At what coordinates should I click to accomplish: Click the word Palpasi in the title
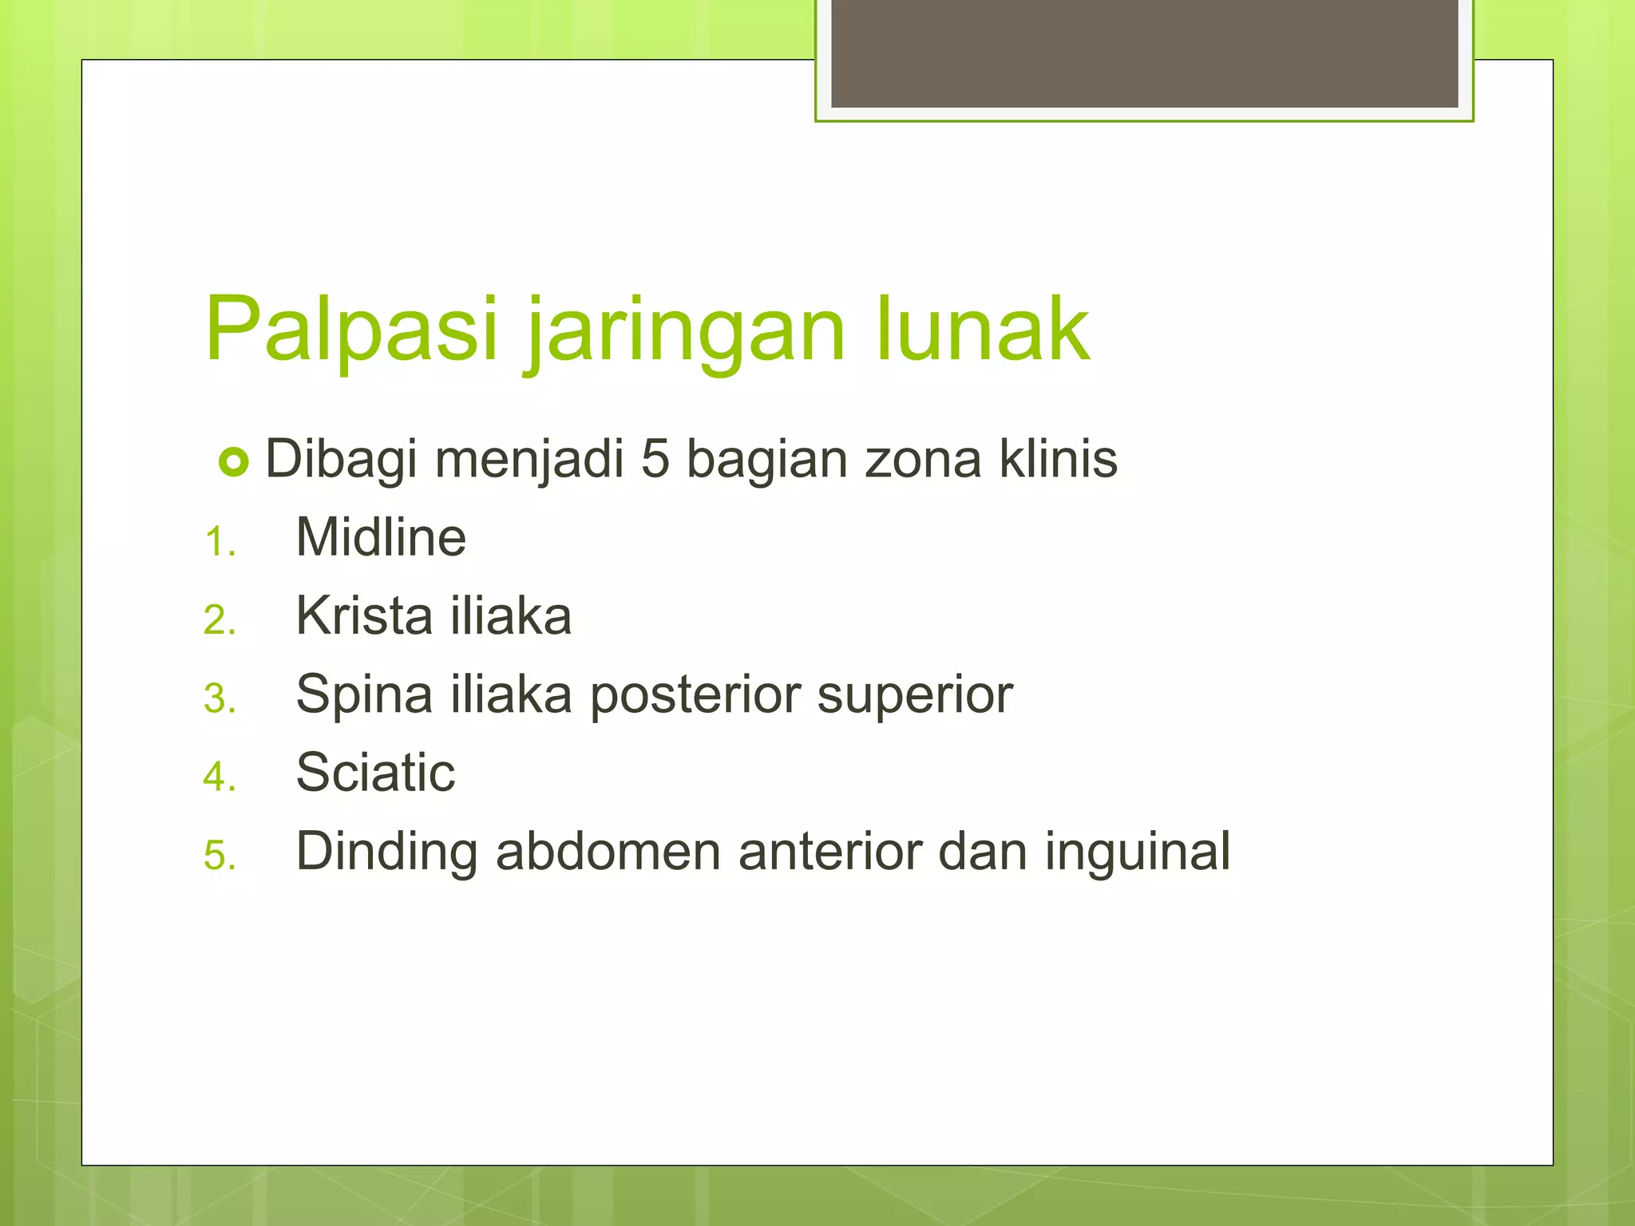351,329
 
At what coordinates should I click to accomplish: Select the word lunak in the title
982,329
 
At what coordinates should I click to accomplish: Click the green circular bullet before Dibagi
234,461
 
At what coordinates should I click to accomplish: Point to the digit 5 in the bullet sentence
655,460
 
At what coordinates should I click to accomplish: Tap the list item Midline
381,537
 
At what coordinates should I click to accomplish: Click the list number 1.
218,544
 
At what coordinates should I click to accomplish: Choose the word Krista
364,615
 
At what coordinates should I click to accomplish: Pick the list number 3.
219,699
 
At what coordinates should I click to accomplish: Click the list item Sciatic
375,772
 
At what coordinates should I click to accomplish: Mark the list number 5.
219,856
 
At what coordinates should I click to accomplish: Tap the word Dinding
386,851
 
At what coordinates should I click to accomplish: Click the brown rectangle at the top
1144,53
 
